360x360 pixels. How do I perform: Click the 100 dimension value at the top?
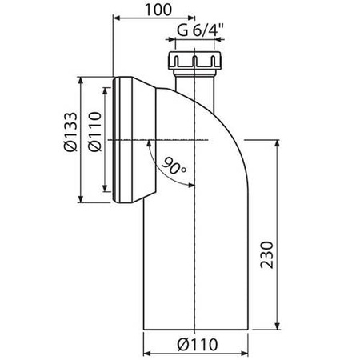pyautogui.click(x=158, y=10)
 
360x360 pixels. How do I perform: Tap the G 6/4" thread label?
pyautogui.click(x=200, y=30)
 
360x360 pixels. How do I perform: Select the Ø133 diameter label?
pyautogui.click(x=70, y=132)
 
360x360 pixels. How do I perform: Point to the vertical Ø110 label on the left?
pyautogui.click(x=95, y=132)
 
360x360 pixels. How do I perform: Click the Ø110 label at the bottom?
pyautogui.click(x=198, y=345)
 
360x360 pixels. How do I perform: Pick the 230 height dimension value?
pyautogui.click(x=267, y=254)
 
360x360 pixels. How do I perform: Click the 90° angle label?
pyautogui.click(x=174, y=166)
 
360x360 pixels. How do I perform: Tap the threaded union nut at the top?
pyautogui.click(x=195, y=60)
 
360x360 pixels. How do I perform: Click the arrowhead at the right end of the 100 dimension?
pyautogui.click(x=192, y=18)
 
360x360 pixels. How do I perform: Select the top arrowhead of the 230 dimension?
pyautogui.click(x=278, y=143)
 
